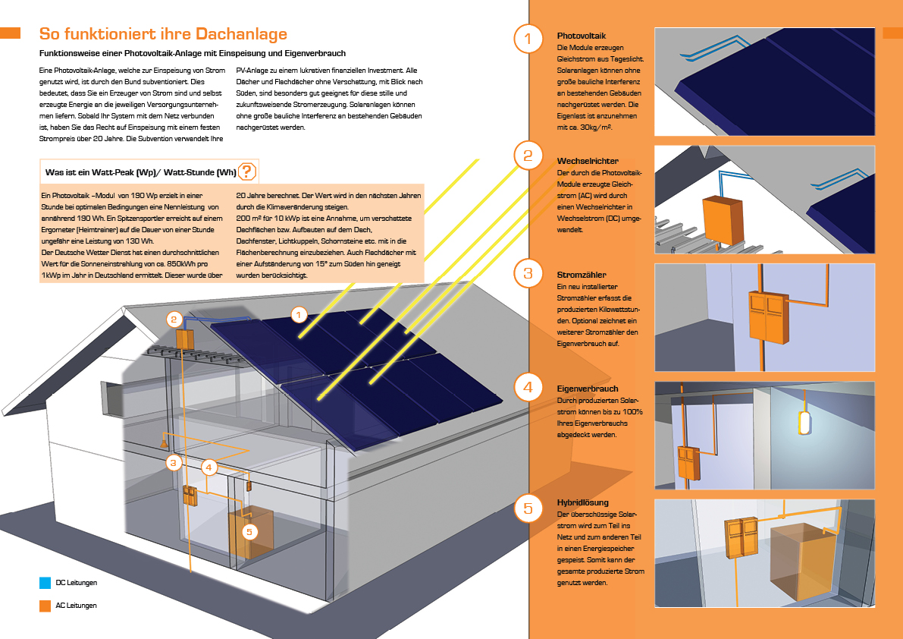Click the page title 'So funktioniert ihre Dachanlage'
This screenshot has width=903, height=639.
[163, 35]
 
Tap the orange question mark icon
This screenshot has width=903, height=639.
[247, 172]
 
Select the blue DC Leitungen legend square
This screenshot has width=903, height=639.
[45, 584]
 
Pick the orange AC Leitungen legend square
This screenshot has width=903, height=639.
[45, 606]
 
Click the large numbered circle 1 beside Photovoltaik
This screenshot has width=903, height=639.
[528, 39]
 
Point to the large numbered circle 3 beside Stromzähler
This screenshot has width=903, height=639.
[528, 273]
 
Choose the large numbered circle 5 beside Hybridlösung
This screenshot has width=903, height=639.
[528, 507]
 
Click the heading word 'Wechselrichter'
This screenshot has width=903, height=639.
[588, 162]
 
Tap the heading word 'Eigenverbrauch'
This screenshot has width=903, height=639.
[588, 389]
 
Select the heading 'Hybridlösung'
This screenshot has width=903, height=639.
[583, 502]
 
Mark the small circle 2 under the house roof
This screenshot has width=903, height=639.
[174, 319]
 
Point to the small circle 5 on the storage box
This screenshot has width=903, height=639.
[250, 532]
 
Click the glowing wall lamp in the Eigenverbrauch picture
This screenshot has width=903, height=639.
[803, 422]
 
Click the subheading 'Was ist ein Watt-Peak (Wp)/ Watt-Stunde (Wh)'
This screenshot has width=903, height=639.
[141, 172]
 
